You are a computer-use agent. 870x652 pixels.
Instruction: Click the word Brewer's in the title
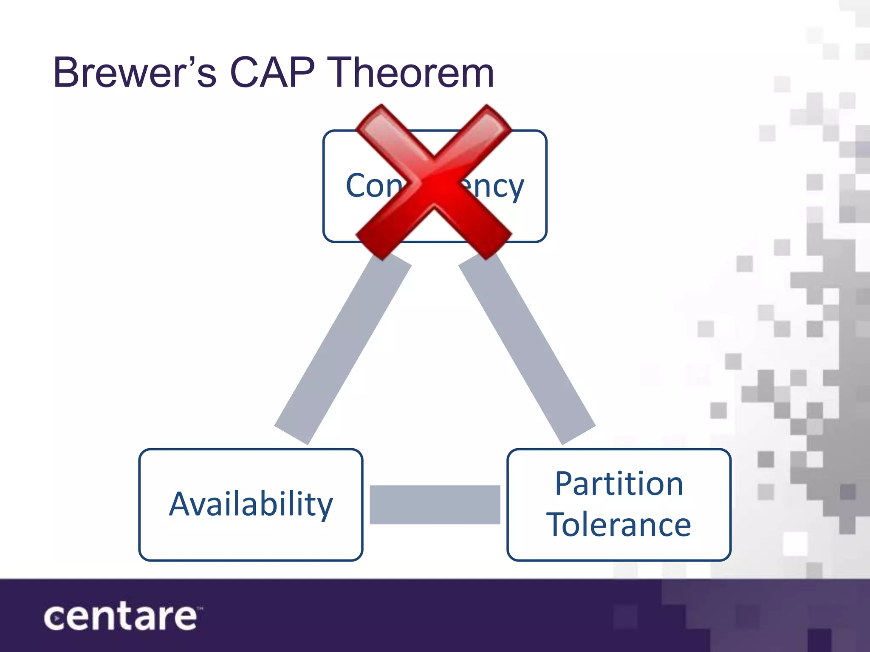pos(135,73)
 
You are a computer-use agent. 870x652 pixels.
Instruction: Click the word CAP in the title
pos(272,73)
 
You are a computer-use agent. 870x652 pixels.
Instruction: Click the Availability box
pos(251,504)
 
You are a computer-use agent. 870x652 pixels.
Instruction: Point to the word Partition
pos(619,484)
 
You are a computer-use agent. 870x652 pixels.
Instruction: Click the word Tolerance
pos(619,525)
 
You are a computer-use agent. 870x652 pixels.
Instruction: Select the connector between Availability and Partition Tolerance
pos(435,504)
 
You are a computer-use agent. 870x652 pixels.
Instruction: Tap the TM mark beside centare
pos(200,608)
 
